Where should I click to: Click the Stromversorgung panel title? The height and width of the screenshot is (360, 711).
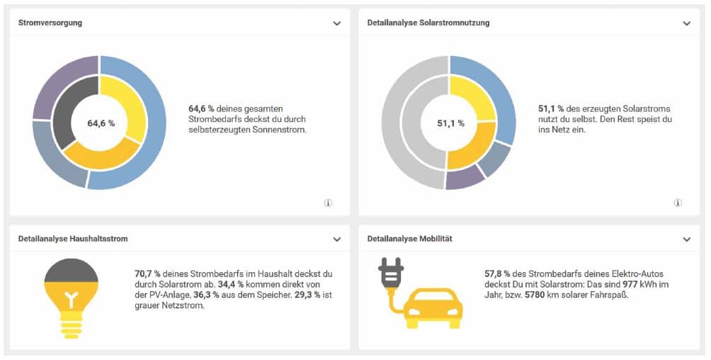coord(50,23)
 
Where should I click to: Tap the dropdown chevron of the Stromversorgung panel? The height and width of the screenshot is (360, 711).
coord(337,23)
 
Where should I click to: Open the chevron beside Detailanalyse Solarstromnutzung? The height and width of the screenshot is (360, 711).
coord(686,23)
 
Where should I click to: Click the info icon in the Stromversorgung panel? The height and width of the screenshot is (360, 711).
coord(328,203)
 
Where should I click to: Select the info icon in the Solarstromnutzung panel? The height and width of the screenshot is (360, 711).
coord(678,203)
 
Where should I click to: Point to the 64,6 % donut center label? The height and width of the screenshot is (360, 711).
coord(101,123)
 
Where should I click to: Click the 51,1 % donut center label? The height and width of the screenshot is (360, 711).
coord(450,123)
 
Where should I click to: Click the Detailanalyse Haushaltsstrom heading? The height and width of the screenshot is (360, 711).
coord(73,239)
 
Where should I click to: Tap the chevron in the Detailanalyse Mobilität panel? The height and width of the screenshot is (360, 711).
coord(686,240)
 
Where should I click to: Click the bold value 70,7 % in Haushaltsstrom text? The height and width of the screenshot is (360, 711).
coord(147,273)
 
